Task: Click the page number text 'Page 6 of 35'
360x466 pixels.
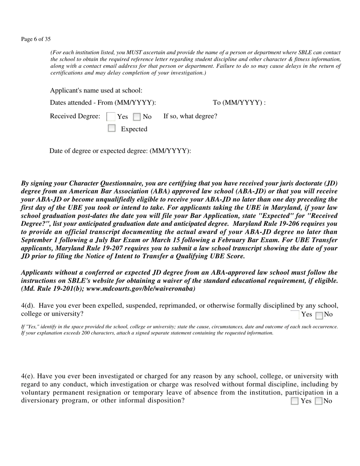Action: click(x=36, y=39)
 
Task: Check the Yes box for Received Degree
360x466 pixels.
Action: click(x=111, y=117)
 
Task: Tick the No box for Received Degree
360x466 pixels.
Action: click(x=137, y=117)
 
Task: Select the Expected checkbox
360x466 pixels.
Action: click(x=111, y=128)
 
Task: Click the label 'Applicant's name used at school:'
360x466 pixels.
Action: click(x=96, y=91)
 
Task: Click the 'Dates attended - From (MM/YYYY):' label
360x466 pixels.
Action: click(x=103, y=103)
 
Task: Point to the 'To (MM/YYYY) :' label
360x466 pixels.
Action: click(x=239, y=103)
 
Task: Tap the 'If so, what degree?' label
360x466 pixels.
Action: click(x=190, y=116)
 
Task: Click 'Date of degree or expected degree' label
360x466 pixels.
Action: click(x=120, y=151)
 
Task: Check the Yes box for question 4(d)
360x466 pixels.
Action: click(x=295, y=315)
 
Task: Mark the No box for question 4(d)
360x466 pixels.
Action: click(x=319, y=315)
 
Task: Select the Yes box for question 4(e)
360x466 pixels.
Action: click(x=295, y=401)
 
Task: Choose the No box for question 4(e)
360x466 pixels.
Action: click(x=319, y=401)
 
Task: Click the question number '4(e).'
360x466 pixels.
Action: click(x=28, y=376)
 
